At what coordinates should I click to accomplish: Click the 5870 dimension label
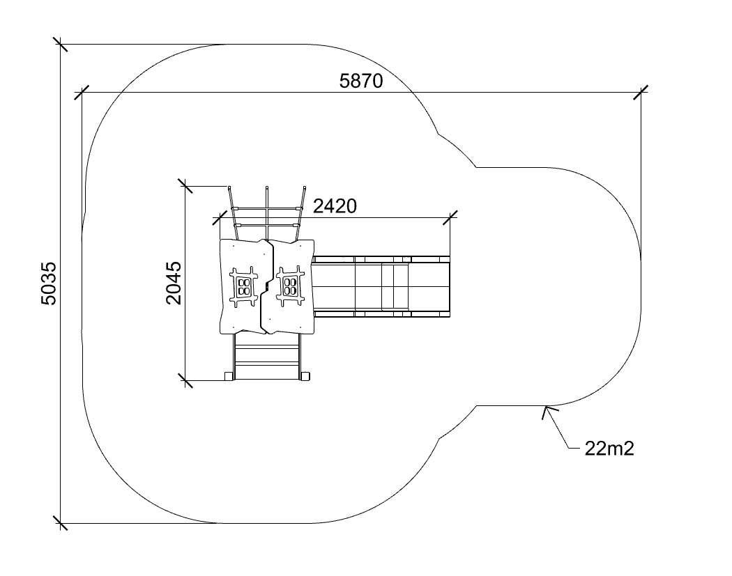(x=361, y=81)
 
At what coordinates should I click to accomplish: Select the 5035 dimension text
(x=49, y=283)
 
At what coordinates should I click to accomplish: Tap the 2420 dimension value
(x=335, y=205)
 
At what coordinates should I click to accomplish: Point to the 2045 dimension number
(x=174, y=283)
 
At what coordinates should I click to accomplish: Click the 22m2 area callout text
(x=609, y=449)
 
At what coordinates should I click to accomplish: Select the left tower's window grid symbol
(x=243, y=286)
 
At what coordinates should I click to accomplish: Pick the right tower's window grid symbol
(x=291, y=286)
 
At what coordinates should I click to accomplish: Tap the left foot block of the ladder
(x=229, y=376)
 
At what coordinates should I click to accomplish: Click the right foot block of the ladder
(x=305, y=376)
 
